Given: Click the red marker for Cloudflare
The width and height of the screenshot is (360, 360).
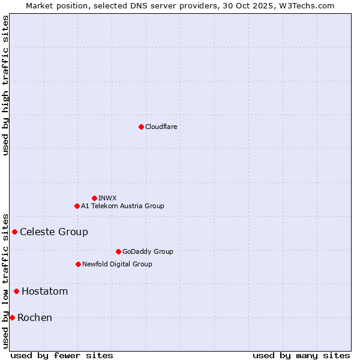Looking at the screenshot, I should point(141,127).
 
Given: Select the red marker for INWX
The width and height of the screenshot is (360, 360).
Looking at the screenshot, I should point(94,198).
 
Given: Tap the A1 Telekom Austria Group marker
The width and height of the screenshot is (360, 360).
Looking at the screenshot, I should point(77,206).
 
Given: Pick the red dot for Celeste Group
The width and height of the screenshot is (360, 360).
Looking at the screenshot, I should point(14,232).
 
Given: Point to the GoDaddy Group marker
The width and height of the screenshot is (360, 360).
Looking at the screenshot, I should point(118,251).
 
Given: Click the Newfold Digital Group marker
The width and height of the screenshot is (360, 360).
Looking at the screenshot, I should point(78,264).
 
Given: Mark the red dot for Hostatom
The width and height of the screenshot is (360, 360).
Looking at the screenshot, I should point(16,292).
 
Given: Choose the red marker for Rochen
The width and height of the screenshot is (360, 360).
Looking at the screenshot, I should point(12,317).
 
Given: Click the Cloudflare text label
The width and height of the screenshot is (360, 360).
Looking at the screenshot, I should point(161,127).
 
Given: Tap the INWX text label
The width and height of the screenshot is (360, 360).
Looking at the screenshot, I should point(107,198).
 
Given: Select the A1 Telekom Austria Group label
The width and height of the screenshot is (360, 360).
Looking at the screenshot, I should point(122,206).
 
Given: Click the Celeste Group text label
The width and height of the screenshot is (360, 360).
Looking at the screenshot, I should point(54,232).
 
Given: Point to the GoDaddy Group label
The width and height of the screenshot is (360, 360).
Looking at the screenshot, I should point(148,251).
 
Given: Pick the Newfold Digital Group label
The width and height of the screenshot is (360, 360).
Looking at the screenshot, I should point(117,264).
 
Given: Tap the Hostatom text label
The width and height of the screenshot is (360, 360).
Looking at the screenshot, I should point(45,292).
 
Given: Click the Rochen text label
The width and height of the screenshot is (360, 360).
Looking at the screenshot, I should point(35,317).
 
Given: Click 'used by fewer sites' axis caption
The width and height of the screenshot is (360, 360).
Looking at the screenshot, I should point(62,355).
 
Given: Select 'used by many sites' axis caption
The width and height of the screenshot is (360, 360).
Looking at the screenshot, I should point(301,355).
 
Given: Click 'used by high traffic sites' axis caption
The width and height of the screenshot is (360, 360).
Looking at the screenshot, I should point(5,85).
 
